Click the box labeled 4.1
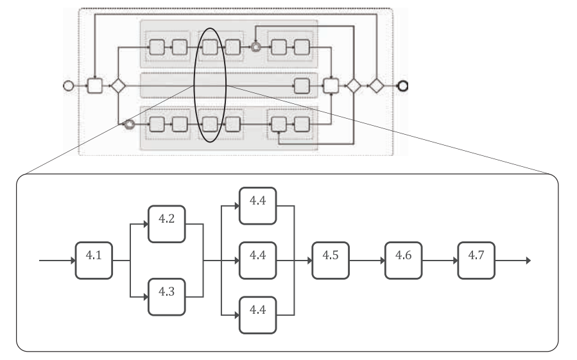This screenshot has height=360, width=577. click(94, 261)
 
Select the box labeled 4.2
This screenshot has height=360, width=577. click(167, 224)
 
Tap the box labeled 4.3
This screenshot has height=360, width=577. click(167, 296)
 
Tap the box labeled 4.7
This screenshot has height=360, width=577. click(476, 261)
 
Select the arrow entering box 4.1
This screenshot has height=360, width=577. click(58, 261)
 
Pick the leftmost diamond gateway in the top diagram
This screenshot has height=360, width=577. click(117, 85)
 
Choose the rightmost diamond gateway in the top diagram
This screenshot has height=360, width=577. click(375, 85)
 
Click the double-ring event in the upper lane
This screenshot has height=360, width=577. click(255, 47)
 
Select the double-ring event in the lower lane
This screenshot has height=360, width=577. click(129, 124)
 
